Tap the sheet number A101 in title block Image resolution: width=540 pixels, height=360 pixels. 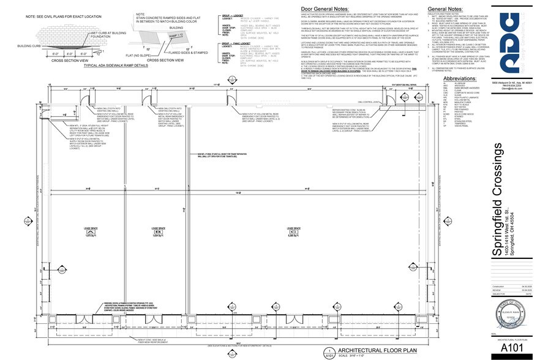tap(508, 347)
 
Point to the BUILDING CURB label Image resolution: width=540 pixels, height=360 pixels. tap(29, 45)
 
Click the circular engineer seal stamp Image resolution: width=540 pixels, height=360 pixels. tap(508, 316)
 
